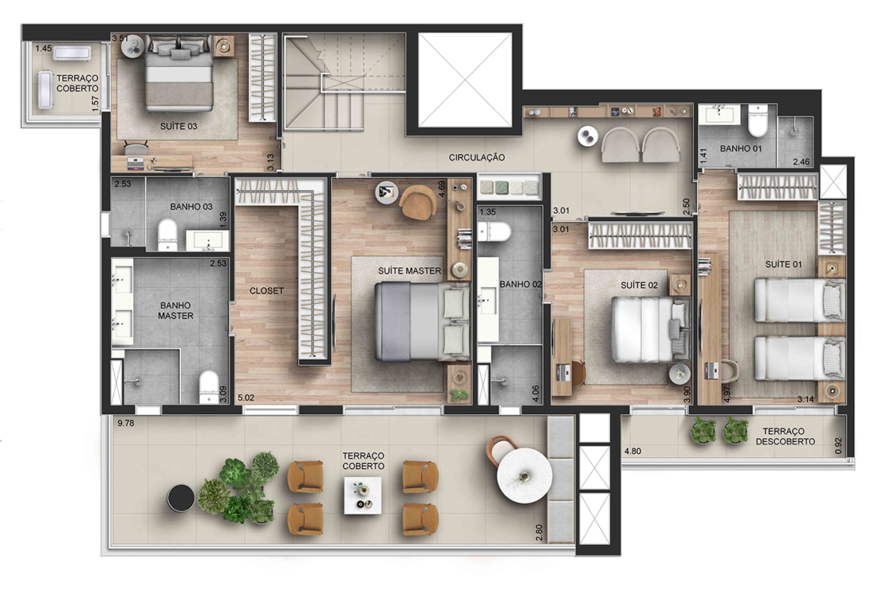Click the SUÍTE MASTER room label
(409, 271)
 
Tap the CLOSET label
(267, 291)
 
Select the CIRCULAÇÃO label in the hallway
(476, 158)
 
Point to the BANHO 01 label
(741, 149)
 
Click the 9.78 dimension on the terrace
(126, 423)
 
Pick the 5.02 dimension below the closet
(246, 397)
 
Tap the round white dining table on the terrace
(524, 476)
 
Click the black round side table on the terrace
(181, 498)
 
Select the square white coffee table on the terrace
(363, 495)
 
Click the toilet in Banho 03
(167, 234)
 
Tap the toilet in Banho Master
(209, 387)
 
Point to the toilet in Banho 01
(758, 121)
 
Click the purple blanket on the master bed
(394, 321)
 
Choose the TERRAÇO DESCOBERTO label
(785, 436)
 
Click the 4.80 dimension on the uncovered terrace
(632, 451)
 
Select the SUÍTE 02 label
(639, 285)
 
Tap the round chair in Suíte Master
(418, 201)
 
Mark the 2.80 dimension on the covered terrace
(539, 532)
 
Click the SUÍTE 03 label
(179, 126)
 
